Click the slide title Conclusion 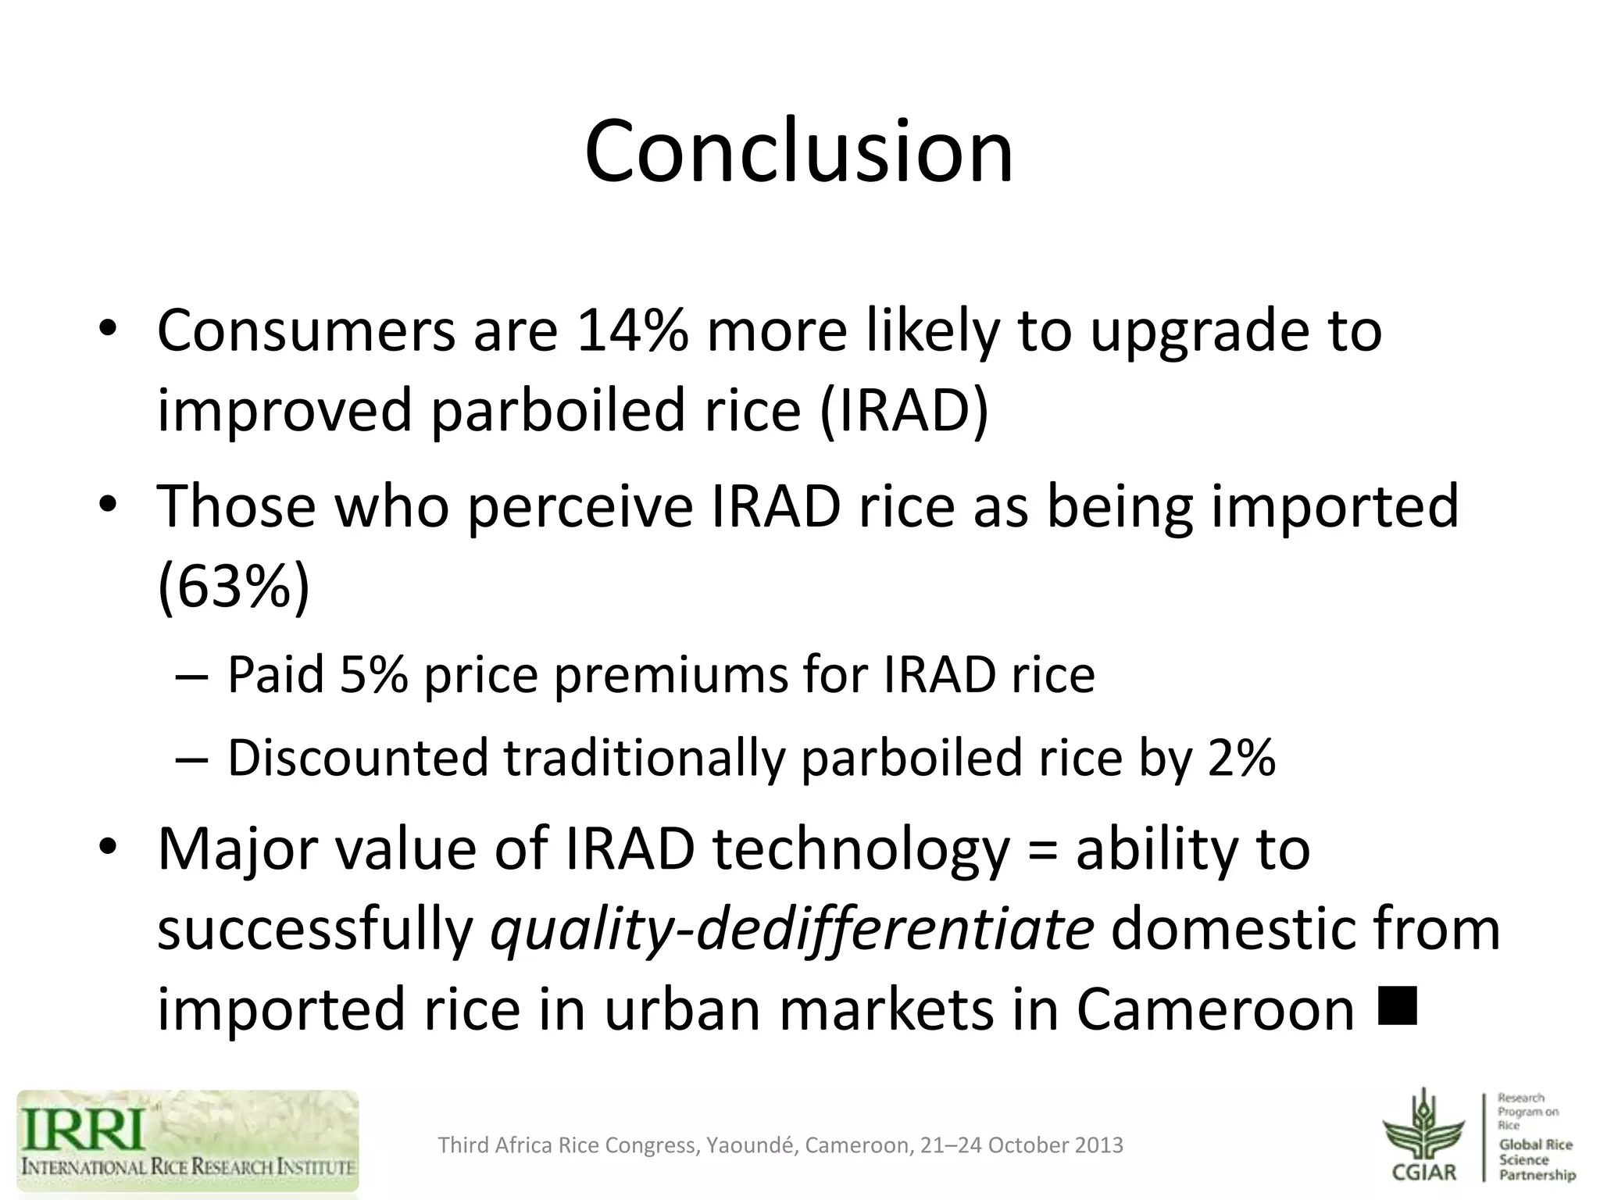click(x=798, y=151)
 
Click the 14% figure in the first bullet click(x=631, y=330)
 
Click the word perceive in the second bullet click(x=580, y=506)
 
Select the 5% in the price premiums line click(x=373, y=674)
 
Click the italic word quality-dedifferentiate click(x=791, y=930)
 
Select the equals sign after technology click(x=1042, y=850)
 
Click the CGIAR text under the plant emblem click(x=1423, y=1172)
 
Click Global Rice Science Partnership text click(x=1536, y=1159)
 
